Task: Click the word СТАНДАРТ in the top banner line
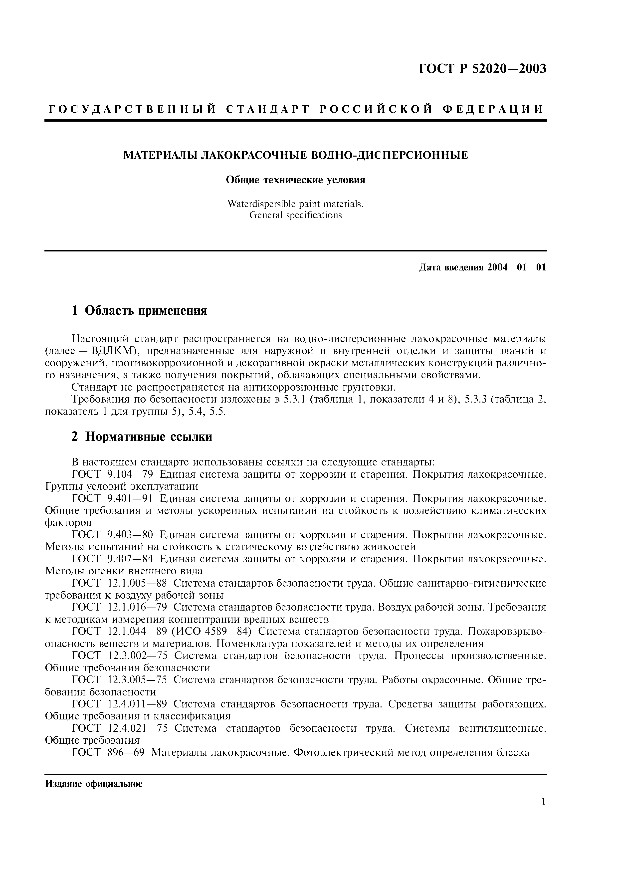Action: point(267,109)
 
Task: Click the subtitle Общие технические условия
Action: point(296,180)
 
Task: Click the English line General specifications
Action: point(296,215)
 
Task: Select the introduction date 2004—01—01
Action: point(516,267)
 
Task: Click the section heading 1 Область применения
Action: point(139,311)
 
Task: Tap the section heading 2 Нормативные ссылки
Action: point(142,437)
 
